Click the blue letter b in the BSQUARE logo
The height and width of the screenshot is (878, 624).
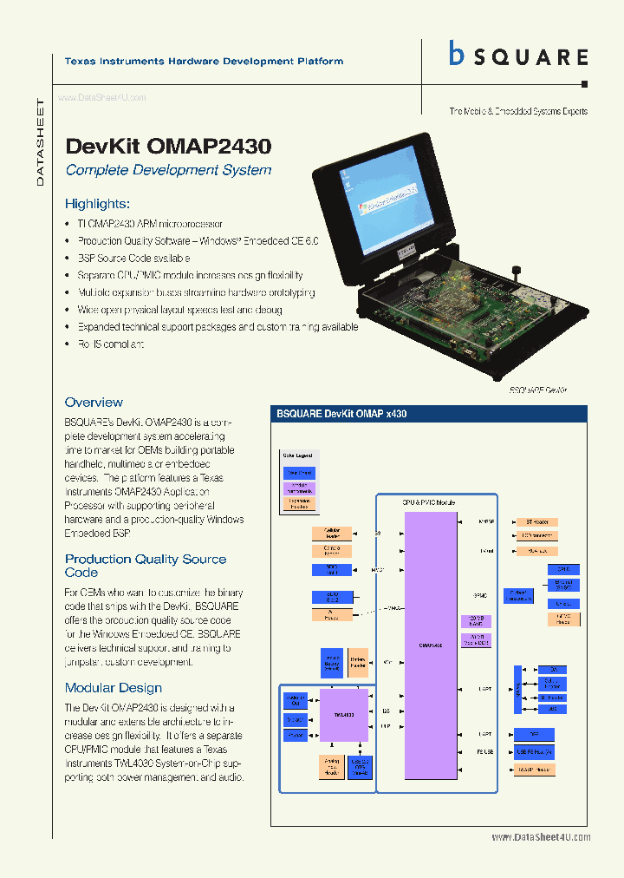pos(457,55)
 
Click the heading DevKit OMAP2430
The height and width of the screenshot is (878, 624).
pos(168,147)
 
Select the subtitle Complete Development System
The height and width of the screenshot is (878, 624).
pos(168,170)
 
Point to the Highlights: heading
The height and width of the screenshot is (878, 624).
pos(97,204)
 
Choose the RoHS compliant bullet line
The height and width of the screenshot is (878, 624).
pos(111,344)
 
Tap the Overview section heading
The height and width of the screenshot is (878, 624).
pos(94,403)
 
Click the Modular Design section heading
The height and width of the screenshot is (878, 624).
pos(114,688)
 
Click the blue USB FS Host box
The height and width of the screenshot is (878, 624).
pos(534,751)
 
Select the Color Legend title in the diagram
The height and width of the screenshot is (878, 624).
pos(297,455)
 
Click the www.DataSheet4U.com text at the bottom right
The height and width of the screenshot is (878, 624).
pos(541,837)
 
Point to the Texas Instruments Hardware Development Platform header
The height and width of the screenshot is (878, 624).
pos(204,62)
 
